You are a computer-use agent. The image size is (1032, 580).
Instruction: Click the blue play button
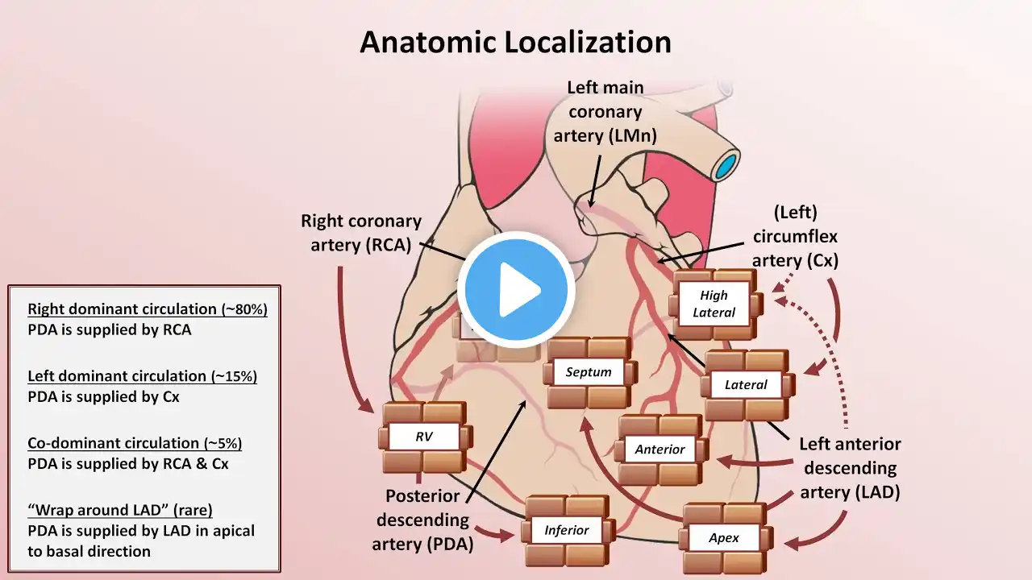pyautogui.click(x=516, y=290)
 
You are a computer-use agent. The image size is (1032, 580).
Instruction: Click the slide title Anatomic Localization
pyautogui.click(x=515, y=43)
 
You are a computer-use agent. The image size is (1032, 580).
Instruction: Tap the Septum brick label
pyautogui.click(x=589, y=372)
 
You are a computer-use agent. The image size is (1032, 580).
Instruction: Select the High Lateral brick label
pyautogui.click(x=714, y=304)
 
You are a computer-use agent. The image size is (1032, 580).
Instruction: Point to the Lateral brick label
pyautogui.click(x=746, y=384)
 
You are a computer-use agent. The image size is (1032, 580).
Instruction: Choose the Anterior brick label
pyautogui.click(x=660, y=449)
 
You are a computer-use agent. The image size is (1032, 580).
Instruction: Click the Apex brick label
pyautogui.click(x=724, y=537)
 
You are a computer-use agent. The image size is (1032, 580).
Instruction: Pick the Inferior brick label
pyautogui.click(x=567, y=530)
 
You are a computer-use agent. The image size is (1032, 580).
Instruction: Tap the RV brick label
pyautogui.click(x=424, y=437)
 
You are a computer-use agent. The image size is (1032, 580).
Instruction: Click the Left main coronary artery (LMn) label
pyautogui.click(x=605, y=112)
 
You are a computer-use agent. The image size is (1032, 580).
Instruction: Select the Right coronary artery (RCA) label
pyautogui.click(x=361, y=233)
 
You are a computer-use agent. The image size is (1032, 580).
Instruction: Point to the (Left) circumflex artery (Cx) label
pyautogui.click(x=795, y=237)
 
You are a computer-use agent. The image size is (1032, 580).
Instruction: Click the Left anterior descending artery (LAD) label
pyautogui.click(x=850, y=468)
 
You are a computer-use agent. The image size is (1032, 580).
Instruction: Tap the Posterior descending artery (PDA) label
pyautogui.click(x=422, y=520)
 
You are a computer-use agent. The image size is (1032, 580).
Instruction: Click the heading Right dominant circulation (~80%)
pyautogui.click(x=148, y=309)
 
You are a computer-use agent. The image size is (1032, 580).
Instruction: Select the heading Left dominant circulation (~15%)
pyautogui.click(x=143, y=376)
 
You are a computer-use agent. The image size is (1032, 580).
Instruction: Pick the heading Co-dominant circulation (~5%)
pyautogui.click(x=135, y=443)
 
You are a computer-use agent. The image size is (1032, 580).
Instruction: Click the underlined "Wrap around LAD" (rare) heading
pyautogui.click(x=120, y=510)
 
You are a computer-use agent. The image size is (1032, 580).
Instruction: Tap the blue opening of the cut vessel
pyautogui.click(x=726, y=167)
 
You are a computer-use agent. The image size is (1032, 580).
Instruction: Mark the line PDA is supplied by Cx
pyautogui.click(x=103, y=397)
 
